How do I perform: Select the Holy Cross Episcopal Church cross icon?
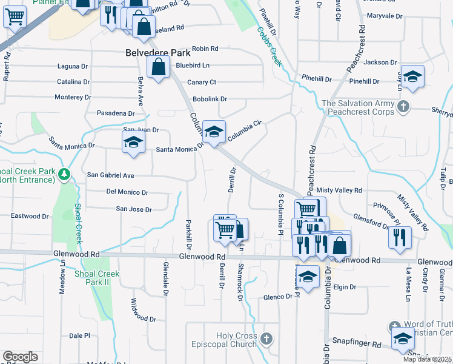point(267,337)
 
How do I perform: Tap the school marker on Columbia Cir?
point(214,132)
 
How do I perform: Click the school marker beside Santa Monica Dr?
point(133,143)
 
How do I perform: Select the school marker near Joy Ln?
point(412,76)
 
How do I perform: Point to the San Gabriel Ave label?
point(111,175)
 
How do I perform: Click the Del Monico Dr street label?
point(127,192)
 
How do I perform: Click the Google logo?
point(20,357)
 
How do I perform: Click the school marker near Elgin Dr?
point(308,277)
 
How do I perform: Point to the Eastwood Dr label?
point(30,216)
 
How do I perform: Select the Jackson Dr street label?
point(380,62)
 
